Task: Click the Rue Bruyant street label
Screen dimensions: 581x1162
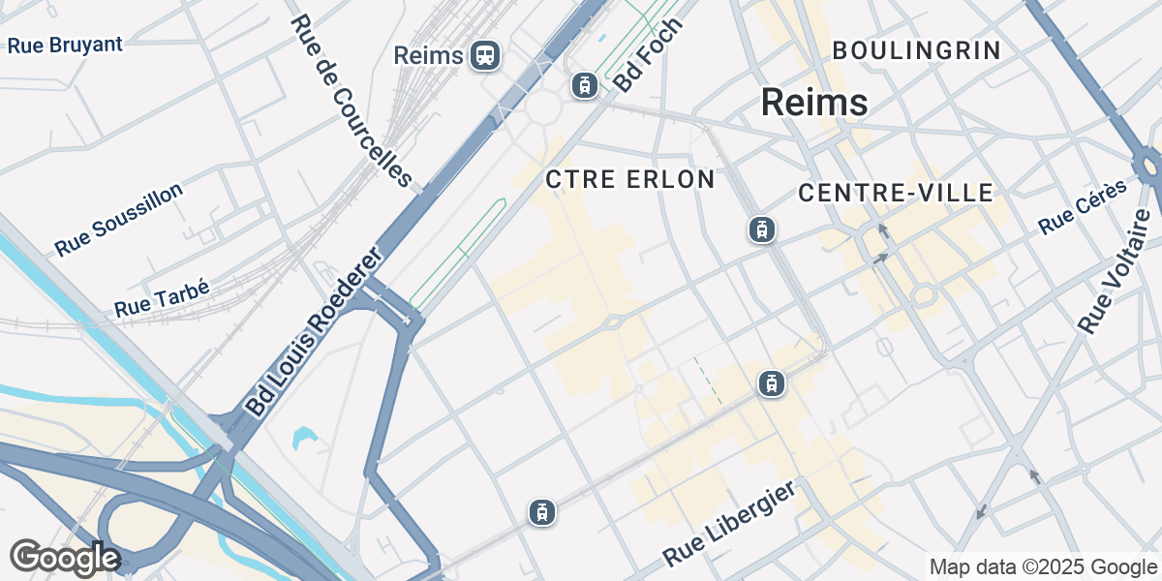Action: click(65, 45)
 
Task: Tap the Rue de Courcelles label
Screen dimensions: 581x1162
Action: click(351, 101)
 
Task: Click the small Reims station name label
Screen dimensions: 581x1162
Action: click(429, 55)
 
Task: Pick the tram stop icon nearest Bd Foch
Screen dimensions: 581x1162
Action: click(584, 86)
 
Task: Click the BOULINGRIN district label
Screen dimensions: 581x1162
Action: click(915, 50)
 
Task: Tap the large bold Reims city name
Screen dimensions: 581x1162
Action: click(813, 102)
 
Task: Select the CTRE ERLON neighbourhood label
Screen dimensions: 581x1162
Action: click(630, 179)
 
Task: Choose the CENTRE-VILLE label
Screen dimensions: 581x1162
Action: click(896, 194)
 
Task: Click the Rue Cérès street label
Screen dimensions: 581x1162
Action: click(1083, 207)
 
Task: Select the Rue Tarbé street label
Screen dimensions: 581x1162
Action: click(162, 296)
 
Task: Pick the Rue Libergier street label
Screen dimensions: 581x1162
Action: click(730, 524)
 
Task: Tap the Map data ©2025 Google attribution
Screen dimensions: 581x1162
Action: click(1042, 566)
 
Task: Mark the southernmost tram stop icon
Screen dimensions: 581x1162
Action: click(542, 512)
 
